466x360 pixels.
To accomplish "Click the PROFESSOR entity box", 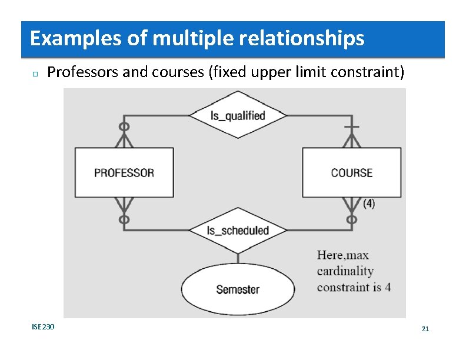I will tap(124, 172).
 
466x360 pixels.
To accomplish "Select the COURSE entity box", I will tap(352, 172).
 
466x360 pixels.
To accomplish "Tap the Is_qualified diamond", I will tap(238, 115).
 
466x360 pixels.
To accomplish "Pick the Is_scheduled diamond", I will tap(238, 231).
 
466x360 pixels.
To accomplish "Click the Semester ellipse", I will tap(238, 289).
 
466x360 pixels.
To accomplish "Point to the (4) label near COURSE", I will tap(369, 204).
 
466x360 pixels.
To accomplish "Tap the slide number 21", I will tap(425, 328).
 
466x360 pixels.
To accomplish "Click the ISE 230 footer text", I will tap(43, 326).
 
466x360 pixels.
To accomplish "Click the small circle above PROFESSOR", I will tap(124, 126).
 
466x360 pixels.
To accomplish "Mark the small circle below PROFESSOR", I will tap(124, 219).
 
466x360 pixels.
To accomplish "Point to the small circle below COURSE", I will tap(352, 219).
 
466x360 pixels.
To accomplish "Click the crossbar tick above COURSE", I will tap(352, 127).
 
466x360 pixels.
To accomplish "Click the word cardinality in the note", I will tap(345, 271).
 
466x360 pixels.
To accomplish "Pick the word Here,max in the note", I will tap(343, 255).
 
